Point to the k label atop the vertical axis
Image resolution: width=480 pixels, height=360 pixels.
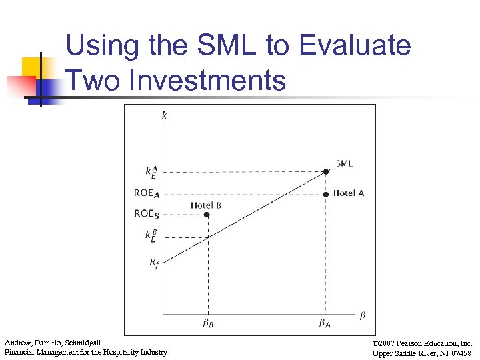click(x=164, y=115)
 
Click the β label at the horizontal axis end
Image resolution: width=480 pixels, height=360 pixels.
click(x=362, y=315)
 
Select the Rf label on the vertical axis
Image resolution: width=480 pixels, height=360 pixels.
click(x=153, y=263)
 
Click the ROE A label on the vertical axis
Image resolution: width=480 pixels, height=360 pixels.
click(x=147, y=194)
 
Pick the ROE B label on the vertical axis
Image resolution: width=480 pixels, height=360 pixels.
click(x=147, y=214)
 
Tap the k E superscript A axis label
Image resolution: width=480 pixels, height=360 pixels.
click(x=151, y=171)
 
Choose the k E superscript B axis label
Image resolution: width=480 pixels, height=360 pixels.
click(x=151, y=236)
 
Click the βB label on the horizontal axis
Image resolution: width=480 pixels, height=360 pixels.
click(x=208, y=325)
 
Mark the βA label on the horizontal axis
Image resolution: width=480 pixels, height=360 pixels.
click(x=325, y=325)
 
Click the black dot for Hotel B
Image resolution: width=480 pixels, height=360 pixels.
click(x=207, y=215)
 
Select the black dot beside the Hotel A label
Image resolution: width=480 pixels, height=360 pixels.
click(x=325, y=194)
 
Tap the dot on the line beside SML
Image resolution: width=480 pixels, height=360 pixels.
click(x=325, y=171)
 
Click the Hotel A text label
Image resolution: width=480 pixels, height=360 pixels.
click(x=348, y=193)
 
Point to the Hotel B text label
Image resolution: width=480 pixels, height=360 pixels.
click(x=206, y=205)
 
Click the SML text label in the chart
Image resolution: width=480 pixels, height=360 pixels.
click(x=344, y=163)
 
